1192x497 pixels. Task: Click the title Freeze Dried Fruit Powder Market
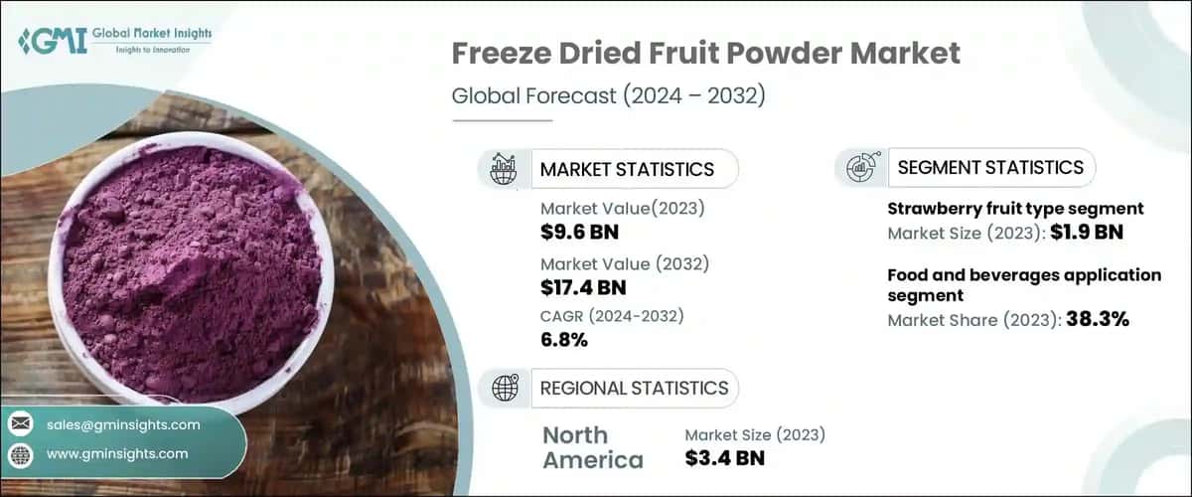point(706,54)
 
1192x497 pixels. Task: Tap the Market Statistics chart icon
point(503,169)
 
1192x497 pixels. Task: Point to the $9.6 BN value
point(578,231)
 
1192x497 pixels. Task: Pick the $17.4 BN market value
point(584,288)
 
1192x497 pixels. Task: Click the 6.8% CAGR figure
point(564,340)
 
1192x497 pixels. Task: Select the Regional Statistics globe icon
point(503,388)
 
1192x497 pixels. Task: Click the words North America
point(592,447)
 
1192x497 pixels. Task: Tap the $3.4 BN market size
point(725,458)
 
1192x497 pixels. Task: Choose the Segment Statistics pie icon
point(860,168)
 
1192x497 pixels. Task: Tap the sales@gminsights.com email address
point(123,424)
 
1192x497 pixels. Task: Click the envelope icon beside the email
point(21,424)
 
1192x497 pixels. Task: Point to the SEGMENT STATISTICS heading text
point(990,167)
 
